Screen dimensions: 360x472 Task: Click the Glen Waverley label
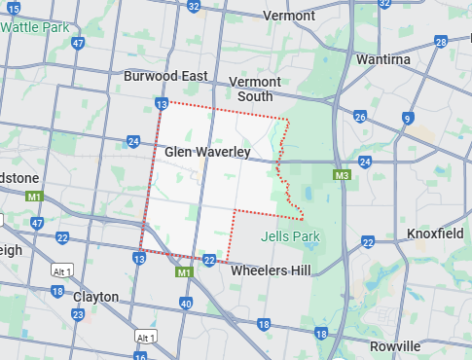pyautogui.click(x=207, y=153)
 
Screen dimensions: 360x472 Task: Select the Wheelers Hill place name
pyautogui.click(x=271, y=270)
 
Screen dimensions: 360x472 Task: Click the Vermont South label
pyautogui.click(x=254, y=89)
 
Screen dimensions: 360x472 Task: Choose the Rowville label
pyautogui.click(x=395, y=346)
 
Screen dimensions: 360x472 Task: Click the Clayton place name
pyautogui.click(x=95, y=297)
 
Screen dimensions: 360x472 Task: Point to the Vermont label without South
pyautogui.click(x=289, y=17)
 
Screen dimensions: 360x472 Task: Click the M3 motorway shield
pyautogui.click(x=342, y=176)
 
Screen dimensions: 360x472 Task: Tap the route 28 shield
pyautogui.click(x=441, y=43)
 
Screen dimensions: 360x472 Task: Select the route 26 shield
pyautogui.click(x=360, y=118)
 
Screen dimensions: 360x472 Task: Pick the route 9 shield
pyautogui.click(x=406, y=119)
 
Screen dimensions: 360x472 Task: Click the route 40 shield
pyautogui.click(x=186, y=304)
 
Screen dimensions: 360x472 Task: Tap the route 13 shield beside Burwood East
pyautogui.click(x=161, y=103)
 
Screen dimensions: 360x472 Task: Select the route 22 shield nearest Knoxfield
pyautogui.click(x=368, y=241)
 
